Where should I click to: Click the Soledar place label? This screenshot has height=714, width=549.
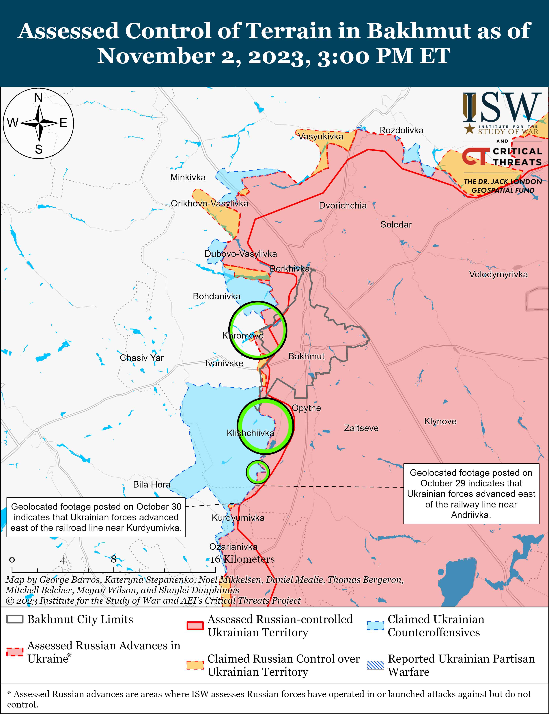point(396,225)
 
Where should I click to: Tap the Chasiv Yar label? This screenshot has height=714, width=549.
point(141,358)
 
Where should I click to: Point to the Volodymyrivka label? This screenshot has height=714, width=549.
point(498,274)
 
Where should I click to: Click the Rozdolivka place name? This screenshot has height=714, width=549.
point(401,130)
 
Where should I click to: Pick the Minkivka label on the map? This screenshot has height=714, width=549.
point(188,178)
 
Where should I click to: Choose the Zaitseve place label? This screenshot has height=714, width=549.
point(361,428)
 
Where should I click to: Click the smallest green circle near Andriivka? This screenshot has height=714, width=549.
point(257,472)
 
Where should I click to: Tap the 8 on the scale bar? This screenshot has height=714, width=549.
point(113,559)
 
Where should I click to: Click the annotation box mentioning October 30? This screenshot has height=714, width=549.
point(96,517)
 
